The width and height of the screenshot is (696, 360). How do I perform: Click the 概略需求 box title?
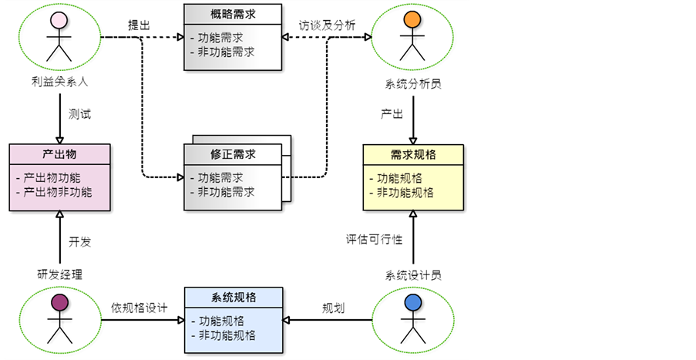point(233,15)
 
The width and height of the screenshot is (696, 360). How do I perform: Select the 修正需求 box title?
point(233,154)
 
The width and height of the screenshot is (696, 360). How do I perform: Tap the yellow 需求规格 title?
point(413,155)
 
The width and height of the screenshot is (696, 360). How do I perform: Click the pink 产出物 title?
point(59,155)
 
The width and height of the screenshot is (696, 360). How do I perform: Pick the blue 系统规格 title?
point(233,298)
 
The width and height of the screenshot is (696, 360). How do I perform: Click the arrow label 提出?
point(139,24)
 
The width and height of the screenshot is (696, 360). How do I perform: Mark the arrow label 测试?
point(79,114)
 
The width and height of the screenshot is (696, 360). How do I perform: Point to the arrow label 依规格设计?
point(139,308)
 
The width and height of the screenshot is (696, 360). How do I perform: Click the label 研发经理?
point(59,274)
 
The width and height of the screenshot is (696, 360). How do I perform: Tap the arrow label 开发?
point(79,241)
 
